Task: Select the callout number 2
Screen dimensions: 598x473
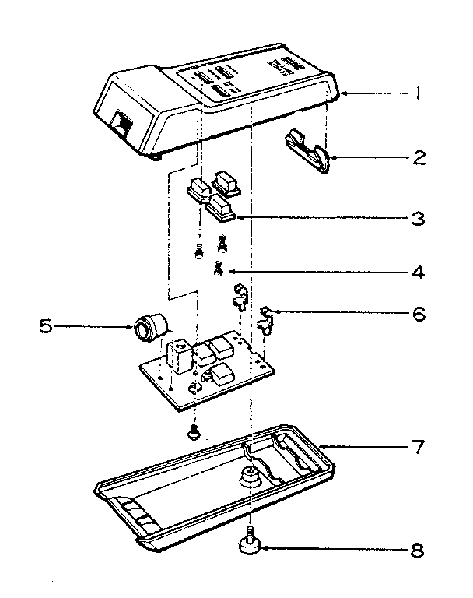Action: coord(419,158)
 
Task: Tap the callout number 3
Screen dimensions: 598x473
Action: coord(419,218)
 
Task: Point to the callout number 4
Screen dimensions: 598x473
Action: coord(419,273)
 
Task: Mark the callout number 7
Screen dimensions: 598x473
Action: coord(419,448)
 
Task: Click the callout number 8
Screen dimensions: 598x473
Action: coord(419,550)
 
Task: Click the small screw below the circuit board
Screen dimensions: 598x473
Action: coord(194,430)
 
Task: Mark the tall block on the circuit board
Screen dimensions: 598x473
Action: coord(180,355)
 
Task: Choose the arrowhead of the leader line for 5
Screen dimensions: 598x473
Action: coord(132,325)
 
